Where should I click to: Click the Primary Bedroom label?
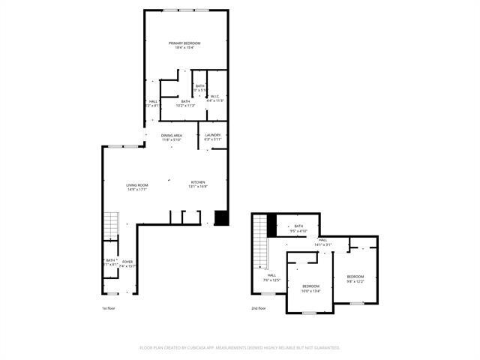[x=184, y=46]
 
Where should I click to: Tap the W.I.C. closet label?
[x=214, y=98]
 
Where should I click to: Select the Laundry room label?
[x=213, y=137]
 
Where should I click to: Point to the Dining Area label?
[x=172, y=137]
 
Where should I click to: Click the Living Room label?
[x=136, y=187]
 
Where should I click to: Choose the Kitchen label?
[x=198, y=184]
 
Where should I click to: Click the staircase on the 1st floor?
[x=111, y=223]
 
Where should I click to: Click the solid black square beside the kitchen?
[x=220, y=217]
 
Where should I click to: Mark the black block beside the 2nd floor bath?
[x=272, y=223]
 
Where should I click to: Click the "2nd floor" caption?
[x=259, y=308]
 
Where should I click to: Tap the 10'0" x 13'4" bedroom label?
[x=311, y=288]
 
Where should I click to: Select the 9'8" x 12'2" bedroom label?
[x=355, y=279]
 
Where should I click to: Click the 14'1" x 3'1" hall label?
[x=322, y=242]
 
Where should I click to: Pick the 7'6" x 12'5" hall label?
[x=271, y=277]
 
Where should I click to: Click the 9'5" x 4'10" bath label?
[x=298, y=228]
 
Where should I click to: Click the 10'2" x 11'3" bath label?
[x=185, y=103]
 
